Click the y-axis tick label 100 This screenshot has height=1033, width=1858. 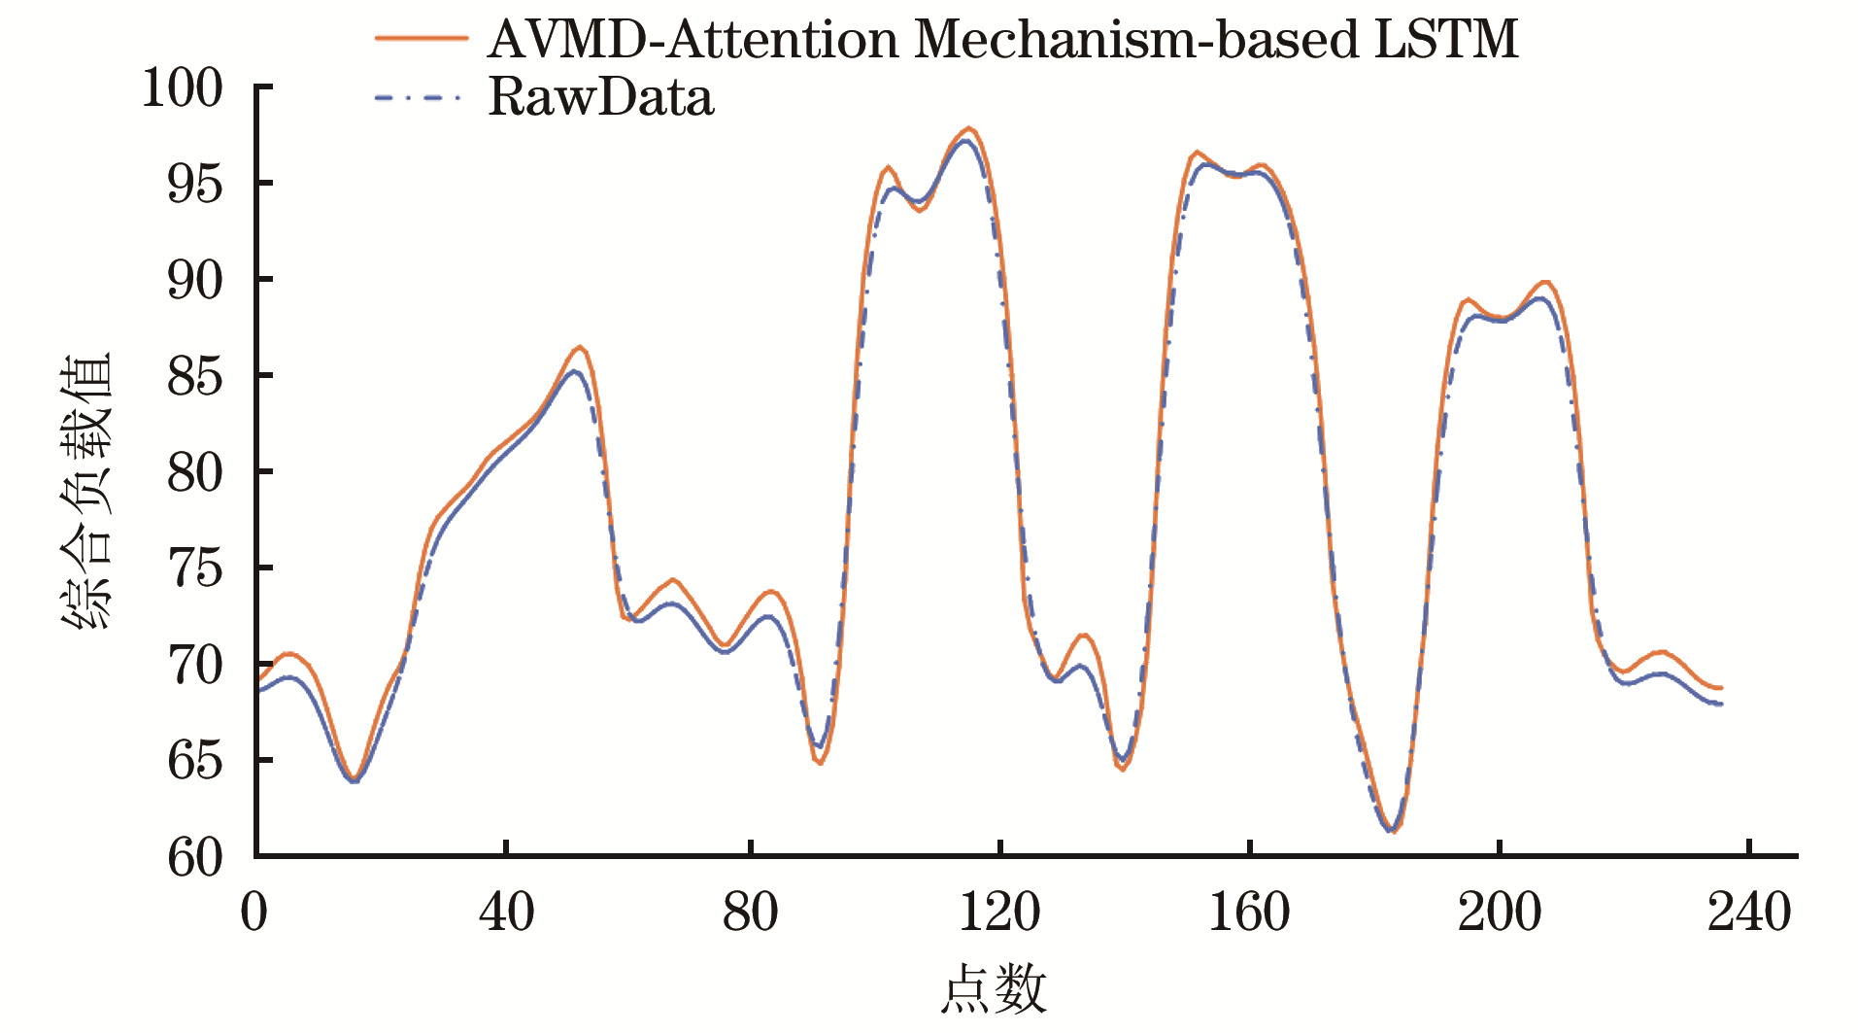pyautogui.click(x=182, y=88)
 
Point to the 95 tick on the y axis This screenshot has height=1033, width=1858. pyautogui.click(x=195, y=184)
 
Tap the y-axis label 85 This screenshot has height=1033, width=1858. pyautogui.click(x=195, y=376)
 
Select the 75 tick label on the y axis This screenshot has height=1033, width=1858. pyautogui.click(x=195, y=568)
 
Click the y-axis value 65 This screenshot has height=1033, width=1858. pyautogui.click(x=195, y=761)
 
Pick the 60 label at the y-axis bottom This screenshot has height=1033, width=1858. pyautogui.click(x=195, y=857)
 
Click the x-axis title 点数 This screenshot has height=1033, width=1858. pyautogui.click(x=994, y=990)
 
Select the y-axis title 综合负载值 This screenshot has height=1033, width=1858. pyautogui.click(x=87, y=492)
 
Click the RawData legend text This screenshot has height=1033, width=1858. pyautogui.click(x=600, y=98)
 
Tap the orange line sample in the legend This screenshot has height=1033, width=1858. pyautogui.click(x=422, y=39)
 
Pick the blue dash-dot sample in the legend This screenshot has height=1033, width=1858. pyautogui.click(x=418, y=97)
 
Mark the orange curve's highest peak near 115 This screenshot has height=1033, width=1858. pyautogui.click(x=969, y=128)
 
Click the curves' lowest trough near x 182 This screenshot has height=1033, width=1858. pyautogui.click(x=1393, y=831)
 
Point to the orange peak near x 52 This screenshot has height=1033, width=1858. pyautogui.click(x=580, y=347)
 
